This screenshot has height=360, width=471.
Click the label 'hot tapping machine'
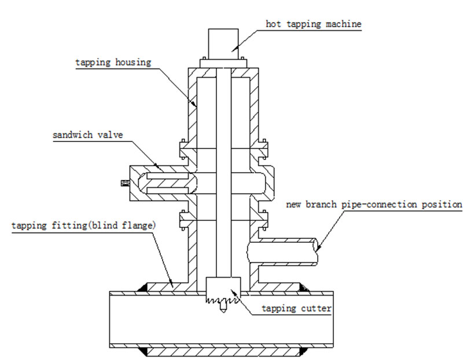(x=313, y=24)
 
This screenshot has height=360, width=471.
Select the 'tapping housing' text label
(x=113, y=62)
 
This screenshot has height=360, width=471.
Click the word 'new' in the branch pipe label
(x=294, y=205)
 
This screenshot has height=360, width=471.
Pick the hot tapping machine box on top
(x=223, y=43)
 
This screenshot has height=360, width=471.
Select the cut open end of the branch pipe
(x=319, y=246)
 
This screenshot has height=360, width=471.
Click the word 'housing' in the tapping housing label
(x=133, y=62)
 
